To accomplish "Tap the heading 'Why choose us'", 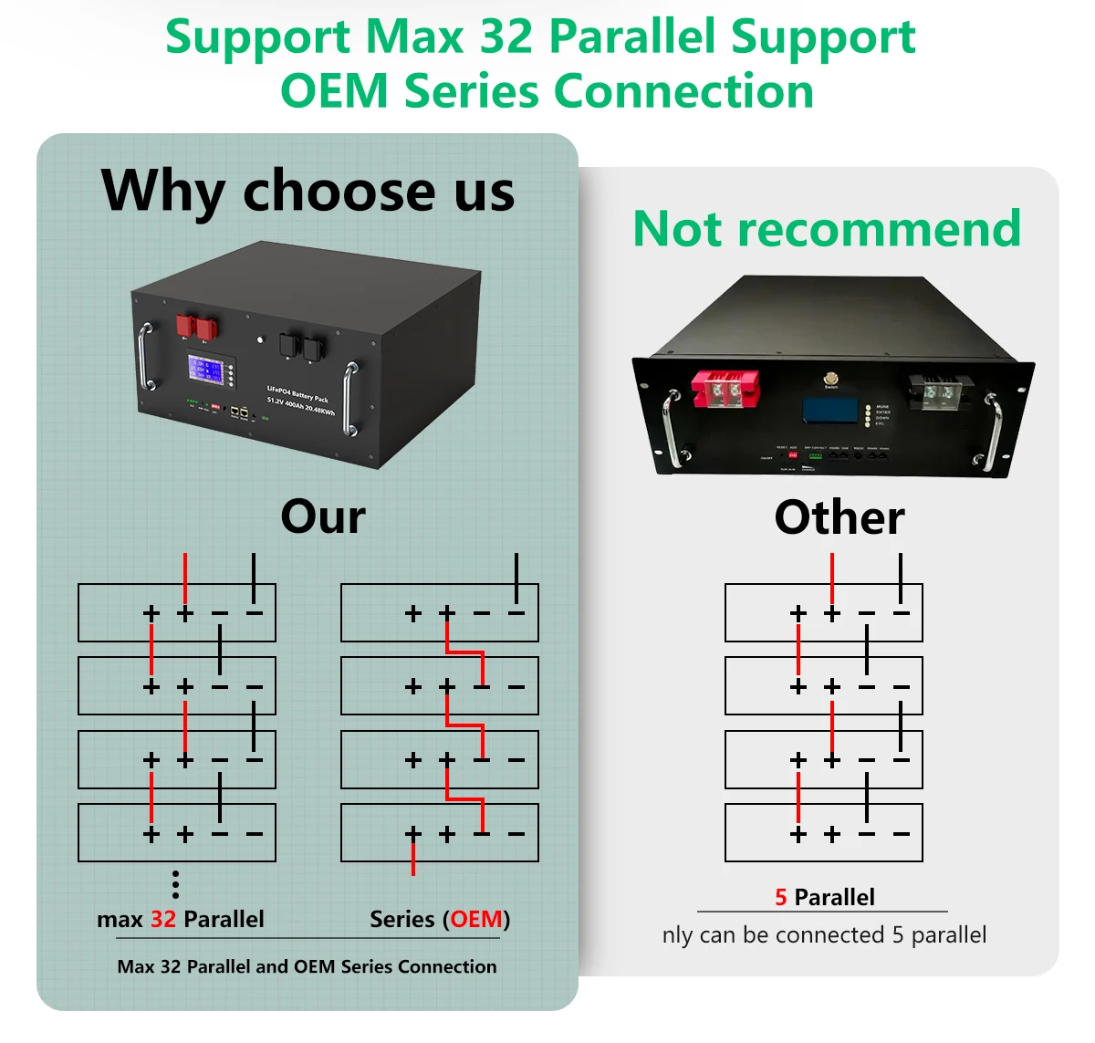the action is (x=308, y=191).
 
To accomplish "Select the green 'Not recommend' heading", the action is (x=826, y=228).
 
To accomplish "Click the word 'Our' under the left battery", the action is (x=323, y=516).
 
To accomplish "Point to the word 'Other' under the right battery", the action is (x=839, y=517).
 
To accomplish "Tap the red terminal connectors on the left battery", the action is (x=196, y=326).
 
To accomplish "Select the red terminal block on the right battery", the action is (x=725, y=390).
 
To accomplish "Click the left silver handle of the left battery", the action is (x=144, y=356).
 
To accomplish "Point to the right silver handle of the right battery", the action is (x=994, y=429).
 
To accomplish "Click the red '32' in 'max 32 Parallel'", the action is (x=163, y=919).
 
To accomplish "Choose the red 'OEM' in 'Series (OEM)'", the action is (x=476, y=919).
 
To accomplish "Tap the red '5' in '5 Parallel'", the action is (x=781, y=897).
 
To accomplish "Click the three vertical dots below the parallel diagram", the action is (x=175, y=884).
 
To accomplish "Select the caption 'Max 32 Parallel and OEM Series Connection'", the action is (x=307, y=966).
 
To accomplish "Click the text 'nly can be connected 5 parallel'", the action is (x=824, y=935).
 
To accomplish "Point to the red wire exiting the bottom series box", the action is (x=413, y=858).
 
